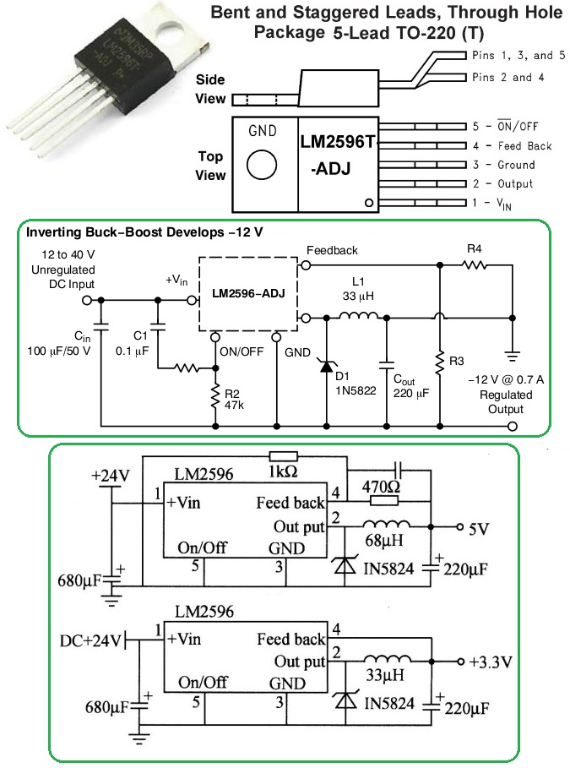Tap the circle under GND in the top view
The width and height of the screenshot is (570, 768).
263,164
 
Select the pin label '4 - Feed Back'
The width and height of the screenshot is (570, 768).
513,145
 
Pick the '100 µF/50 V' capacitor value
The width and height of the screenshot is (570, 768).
58,350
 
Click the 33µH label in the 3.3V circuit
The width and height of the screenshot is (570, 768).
384,676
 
